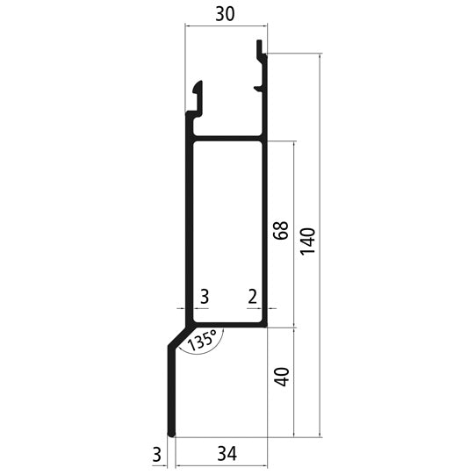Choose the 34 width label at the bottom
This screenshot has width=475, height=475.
(226, 454)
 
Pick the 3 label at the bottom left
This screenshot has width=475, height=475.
(156, 454)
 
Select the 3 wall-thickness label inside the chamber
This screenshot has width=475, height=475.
(204, 297)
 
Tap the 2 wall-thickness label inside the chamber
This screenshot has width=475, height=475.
(252, 297)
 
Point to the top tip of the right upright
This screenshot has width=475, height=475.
(261, 44)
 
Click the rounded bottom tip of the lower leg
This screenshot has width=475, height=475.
(172, 432)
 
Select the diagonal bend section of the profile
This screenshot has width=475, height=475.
(180, 335)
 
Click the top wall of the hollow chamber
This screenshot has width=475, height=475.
(227, 138)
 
